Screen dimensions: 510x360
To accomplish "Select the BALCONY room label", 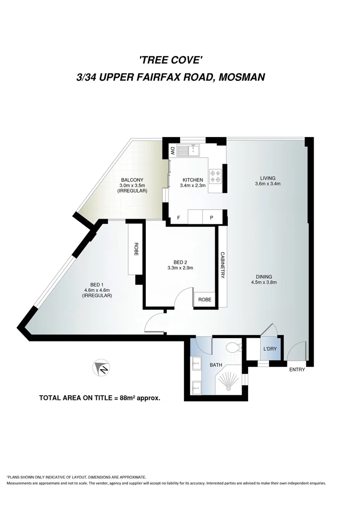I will coord(132,180).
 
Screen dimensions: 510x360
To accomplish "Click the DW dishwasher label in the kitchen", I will coord(173,152).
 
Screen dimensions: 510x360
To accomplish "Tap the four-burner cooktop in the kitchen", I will coord(216,176).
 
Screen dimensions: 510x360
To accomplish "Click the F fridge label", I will coord(178,218).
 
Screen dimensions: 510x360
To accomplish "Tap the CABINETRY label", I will coord(222,266).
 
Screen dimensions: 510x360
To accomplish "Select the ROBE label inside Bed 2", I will coord(205,300).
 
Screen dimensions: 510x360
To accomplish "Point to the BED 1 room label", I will coord(97,284).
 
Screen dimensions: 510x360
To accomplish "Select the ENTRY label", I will coord(297,370).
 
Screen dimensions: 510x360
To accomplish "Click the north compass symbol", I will coord(102,368).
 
